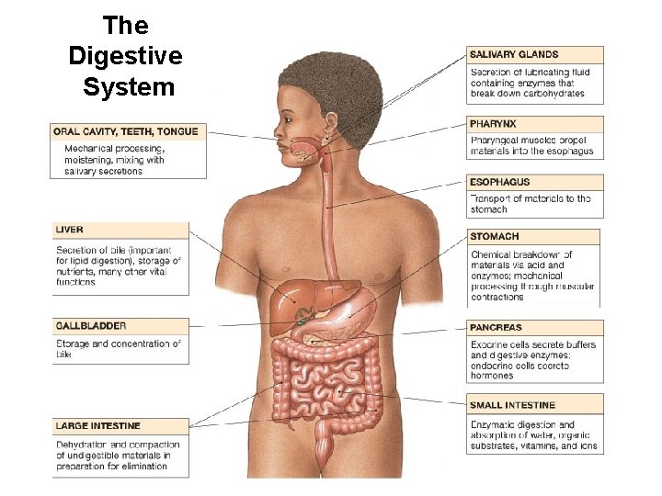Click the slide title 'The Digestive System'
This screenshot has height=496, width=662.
[x=126, y=56]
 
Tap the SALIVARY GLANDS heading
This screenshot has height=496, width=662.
[x=514, y=54]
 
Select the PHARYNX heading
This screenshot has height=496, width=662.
[x=493, y=123]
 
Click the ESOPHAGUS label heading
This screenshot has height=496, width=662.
[x=499, y=182]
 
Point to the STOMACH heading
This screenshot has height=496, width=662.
[x=494, y=237]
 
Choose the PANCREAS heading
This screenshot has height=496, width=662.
[x=496, y=327]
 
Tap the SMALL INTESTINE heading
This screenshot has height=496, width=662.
[x=512, y=405]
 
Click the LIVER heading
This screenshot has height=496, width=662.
[x=70, y=230]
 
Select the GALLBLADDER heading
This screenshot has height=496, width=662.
[x=91, y=326]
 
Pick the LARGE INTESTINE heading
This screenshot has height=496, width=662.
[x=97, y=426]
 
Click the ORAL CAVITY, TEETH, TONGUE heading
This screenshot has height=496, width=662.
[x=126, y=131]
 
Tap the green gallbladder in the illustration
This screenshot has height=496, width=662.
[x=300, y=323]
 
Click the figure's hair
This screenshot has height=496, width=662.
[x=331, y=87]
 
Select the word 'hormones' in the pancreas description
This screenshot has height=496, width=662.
[x=492, y=376]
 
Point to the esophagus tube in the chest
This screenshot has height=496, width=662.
[x=327, y=220]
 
